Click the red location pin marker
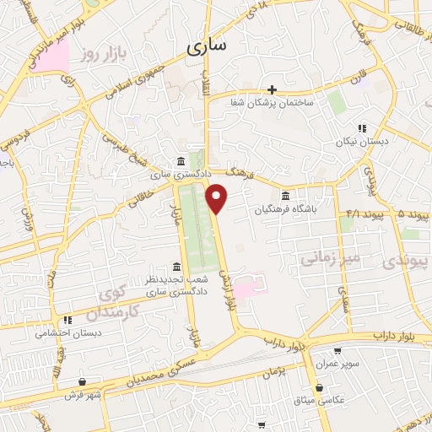pyautogui.click(x=218, y=199)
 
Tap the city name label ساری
pyautogui.click(x=206, y=48)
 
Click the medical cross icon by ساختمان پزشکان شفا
pyautogui.click(x=272, y=90)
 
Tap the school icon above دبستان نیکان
pyautogui.click(x=361, y=129)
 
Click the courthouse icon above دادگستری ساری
pyautogui.click(x=182, y=162)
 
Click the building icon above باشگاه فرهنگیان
pyautogui.click(x=286, y=199)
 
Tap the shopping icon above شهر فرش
pyautogui.click(x=82, y=381)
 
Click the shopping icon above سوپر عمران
pyautogui.click(x=337, y=351)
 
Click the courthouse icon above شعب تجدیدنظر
pyautogui.click(x=175, y=266)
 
